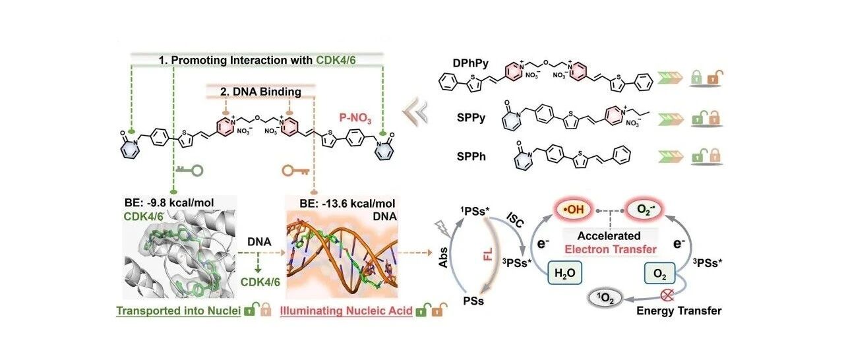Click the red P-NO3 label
coord(355,118)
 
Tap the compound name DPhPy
coord(471,63)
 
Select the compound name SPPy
coord(471,118)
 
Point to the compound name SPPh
coord(471,156)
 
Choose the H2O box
coord(565,272)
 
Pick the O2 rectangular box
coord(659,273)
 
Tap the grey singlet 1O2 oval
coord(605,299)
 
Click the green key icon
coord(189,170)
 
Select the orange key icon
coord(296,171)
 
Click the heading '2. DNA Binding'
coord(260,92)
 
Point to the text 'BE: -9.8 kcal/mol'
coord(169,202)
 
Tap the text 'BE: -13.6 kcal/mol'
coord(347,204)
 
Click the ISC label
coord(514,220)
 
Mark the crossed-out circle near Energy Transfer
coord(667,295)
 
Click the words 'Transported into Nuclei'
coord(178,311)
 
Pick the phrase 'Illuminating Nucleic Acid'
coord(346,311)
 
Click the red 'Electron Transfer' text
coord(611,249)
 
